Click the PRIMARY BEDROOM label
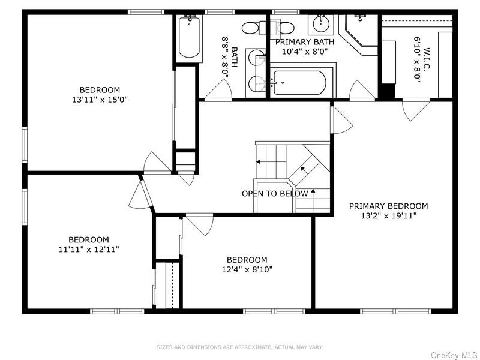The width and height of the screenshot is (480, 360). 388,206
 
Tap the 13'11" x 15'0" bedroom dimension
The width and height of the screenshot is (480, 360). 100,100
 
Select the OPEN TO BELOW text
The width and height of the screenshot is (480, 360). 275,193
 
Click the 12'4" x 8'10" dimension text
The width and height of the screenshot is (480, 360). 247,269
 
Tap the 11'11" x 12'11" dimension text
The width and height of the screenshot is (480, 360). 89,249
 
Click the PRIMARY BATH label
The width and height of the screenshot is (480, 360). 305,41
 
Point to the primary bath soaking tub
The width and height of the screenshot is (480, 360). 299,83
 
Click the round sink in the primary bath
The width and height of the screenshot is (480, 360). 321,24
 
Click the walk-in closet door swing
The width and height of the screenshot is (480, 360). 416,110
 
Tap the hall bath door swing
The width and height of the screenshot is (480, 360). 218,89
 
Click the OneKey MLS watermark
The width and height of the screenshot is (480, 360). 454,355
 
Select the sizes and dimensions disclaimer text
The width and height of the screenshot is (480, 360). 239,347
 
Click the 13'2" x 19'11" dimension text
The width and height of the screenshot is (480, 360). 389,216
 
